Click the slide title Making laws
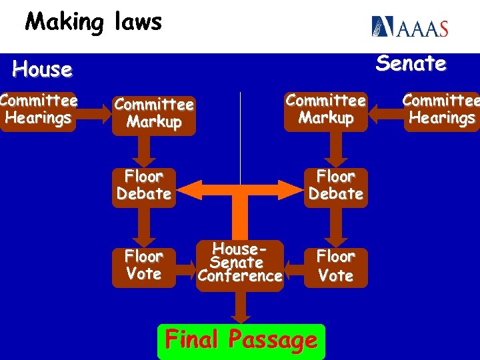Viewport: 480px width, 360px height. coord(93,22)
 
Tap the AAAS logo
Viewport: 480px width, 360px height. coord(409,27)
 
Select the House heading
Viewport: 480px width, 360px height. coord(42,69)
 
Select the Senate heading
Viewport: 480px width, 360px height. coord(411,64)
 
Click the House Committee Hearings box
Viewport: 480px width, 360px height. coord(39,110)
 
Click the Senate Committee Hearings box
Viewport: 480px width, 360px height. coord(441,110)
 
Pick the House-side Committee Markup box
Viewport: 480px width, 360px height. coord(154,113)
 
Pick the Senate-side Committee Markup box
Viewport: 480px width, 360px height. coord(326,110)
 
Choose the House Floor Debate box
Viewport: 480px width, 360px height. coord(144,186)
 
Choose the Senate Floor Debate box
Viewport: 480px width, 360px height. coord(335,186)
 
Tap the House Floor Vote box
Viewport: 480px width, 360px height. coord(144,265)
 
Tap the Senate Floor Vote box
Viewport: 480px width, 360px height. coord(335,265)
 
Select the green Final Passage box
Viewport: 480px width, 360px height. coord(241,341)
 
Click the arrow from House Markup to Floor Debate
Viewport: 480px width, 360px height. coord(145,151)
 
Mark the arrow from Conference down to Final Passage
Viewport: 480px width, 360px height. coord(241,307)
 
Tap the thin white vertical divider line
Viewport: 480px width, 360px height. coord(240,133)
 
